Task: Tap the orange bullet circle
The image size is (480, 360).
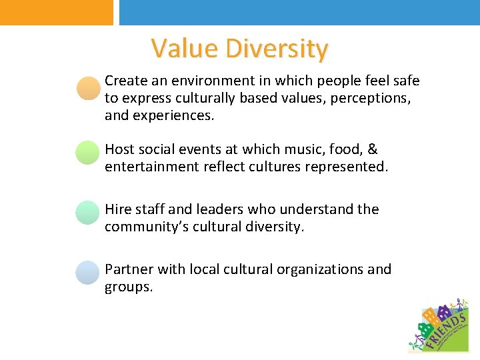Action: pos(88,89)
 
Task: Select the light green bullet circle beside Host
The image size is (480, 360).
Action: pos(88,152)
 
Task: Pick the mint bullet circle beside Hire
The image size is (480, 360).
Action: pos(88,212)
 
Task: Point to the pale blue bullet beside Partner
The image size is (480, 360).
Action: pos(88,273)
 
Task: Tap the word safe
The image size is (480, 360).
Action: pos(405,81)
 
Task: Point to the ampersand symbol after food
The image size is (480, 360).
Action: pos(373,149)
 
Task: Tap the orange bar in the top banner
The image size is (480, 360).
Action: pos(57,12)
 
